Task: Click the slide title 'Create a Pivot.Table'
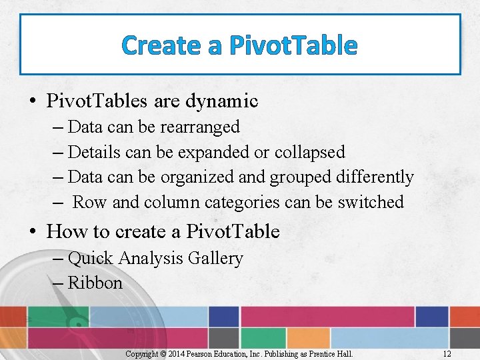click(x=240, y=45)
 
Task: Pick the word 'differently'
click(x=375, y=177)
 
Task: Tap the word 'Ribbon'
click(x=95, y=283)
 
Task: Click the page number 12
click(x=447, y=354)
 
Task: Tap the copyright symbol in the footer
click(x=162, y=354)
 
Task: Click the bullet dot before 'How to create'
click(x=33, y=233)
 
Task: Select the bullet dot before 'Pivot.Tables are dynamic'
click(x=33, y=102)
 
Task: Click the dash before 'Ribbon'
click(x=57, y=283)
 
